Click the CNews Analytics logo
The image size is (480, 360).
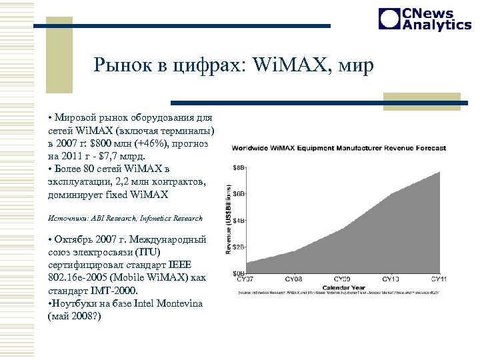pos(425,19)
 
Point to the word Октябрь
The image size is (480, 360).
pos(76,240)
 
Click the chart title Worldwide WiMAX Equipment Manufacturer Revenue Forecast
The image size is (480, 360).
pos(339,147)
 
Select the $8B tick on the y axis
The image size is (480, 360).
pos(238,167)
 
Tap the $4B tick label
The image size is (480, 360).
pos(238,221)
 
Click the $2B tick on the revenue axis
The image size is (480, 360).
pos(238,247)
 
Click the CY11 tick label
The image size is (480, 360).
pos(439,279)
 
